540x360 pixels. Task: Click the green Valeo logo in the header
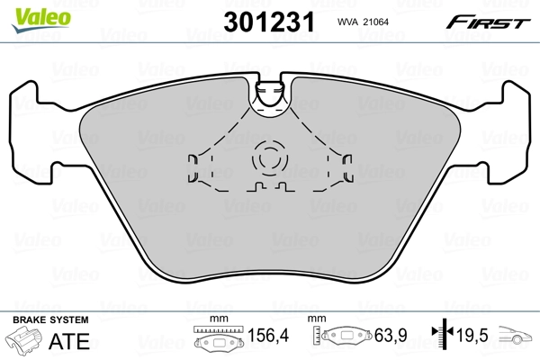(30, 11)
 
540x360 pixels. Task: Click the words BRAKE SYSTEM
(49, 320)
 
